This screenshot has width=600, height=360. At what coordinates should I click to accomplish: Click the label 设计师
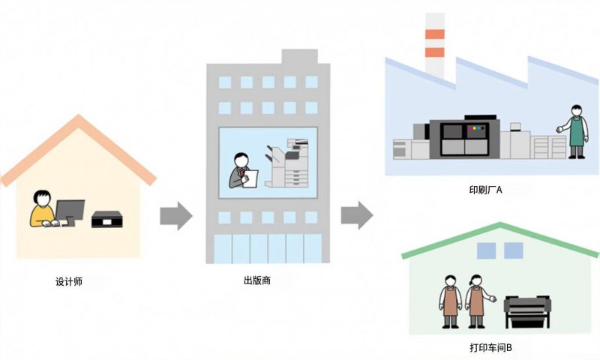coord(69,281)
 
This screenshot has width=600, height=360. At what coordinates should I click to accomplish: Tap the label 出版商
coord(257,280)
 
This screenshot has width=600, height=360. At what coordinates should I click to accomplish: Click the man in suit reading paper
coord(241,170)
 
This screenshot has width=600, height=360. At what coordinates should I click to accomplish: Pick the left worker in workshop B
coord(449,301)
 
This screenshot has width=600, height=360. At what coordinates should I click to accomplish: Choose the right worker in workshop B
coord(475,301)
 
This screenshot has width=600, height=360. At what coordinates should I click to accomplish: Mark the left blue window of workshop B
coord(486,250)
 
